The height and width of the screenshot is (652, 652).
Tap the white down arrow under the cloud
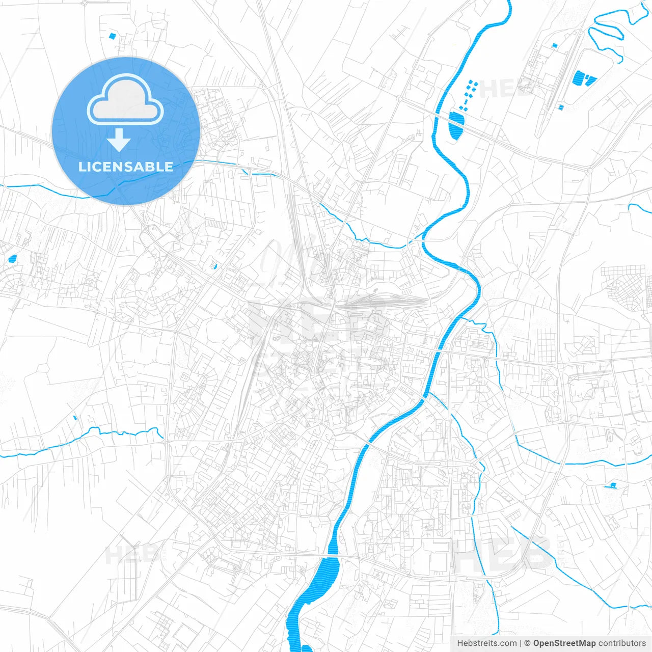(119, 140)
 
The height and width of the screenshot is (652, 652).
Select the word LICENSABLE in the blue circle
(125, 167)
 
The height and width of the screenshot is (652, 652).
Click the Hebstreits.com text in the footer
(486, 643)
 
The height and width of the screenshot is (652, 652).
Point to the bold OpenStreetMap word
(564, 643)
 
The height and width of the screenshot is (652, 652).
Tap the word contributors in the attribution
(622, 643)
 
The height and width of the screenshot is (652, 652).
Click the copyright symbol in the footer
(527, 643)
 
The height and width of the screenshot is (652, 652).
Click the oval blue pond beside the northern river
(456, 124)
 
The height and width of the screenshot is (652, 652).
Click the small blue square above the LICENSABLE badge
(112, 36)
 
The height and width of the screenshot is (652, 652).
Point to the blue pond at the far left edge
(12, 258)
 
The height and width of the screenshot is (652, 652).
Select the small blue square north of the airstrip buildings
(554, 45)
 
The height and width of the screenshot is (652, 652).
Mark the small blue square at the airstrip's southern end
(561, 107)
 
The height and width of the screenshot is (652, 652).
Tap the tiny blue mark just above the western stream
(75, 418)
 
